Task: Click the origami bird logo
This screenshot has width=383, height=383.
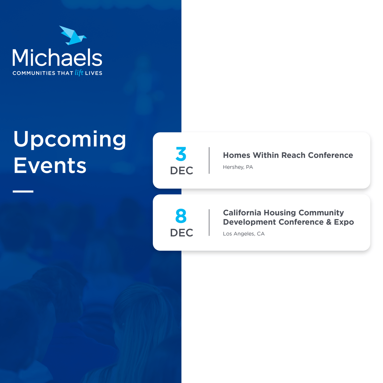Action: coord(73,36)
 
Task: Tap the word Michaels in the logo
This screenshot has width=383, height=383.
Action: coord(57,58)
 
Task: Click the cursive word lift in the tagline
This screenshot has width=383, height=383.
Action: coord(79,73)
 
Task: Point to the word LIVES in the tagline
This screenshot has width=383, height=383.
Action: coord(94,73)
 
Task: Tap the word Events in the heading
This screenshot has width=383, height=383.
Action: coord(50,166)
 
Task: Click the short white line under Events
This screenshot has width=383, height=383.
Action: coord(23,191)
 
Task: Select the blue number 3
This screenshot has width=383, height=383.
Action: coord(181,154)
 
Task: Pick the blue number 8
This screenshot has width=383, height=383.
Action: coord(181,216)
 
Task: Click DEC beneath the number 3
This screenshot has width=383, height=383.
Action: coord(182,171)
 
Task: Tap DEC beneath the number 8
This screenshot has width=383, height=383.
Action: coord(182,233)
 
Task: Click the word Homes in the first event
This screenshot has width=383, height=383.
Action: coord(237,155)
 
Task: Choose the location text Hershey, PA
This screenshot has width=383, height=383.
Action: coord(238,167)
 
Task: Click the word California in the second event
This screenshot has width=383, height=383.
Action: coord(242,213)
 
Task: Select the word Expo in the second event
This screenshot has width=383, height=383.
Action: coord(344,222)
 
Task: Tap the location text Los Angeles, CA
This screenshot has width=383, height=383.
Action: coord(244,234)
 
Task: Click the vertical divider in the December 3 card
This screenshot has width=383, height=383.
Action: coord(209,160)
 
